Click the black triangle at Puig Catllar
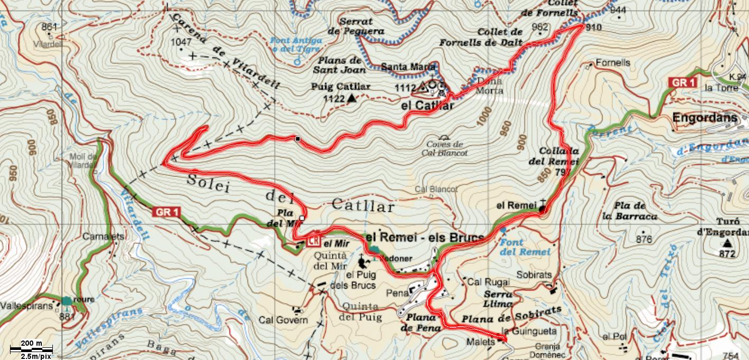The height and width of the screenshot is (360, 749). click(352, 98)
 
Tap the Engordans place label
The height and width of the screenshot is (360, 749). click(704, 118)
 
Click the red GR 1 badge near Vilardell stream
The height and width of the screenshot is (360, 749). click(167, 213)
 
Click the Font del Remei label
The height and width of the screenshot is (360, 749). click(525, 247)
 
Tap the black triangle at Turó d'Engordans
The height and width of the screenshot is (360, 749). click(727, 243)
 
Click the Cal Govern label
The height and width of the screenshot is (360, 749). click(283, 320)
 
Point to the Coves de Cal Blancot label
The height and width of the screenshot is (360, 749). click(442, 149)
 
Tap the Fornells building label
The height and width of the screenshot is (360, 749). click(613, 62)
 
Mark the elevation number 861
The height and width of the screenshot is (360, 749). click(48, 27)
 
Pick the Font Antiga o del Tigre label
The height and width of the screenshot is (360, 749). click(296, 44)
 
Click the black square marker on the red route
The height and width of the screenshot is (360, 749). click(298, 139)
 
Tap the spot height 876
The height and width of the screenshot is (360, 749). click(644, 239)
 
